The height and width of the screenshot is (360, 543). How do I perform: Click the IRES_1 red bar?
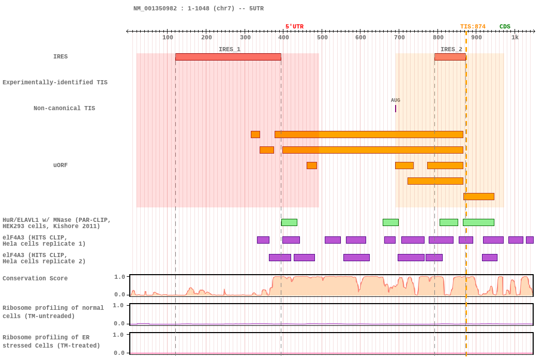click(228, 57)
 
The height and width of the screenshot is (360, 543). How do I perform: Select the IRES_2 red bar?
click(450, 57)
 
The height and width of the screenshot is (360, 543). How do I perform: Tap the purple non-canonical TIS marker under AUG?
click(396, 109)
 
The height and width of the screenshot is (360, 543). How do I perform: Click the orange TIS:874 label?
click(473, 27)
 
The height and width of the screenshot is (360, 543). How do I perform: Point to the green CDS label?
click(505, 27)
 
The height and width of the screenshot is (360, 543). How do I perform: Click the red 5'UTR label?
click(294, 27)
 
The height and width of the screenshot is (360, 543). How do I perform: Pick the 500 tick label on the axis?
click(322, 37)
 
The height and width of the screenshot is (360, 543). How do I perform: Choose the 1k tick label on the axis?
click(515, 37)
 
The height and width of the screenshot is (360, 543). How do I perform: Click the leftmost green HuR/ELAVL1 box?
click(289, 222)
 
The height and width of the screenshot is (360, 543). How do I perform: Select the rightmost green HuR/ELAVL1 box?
click(478, 222)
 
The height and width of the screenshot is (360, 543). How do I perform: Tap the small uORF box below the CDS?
click(479, 197)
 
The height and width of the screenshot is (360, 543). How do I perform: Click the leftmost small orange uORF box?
click(255, 134)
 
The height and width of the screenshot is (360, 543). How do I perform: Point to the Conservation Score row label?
click(35, 278)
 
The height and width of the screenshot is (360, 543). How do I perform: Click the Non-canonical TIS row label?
click(65, 108)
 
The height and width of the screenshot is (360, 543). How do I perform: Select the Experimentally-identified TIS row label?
click(55, 82)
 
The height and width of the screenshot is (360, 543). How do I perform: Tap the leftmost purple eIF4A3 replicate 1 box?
click(263, 240)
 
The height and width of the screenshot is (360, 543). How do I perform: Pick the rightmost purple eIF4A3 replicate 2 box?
click(490, 258)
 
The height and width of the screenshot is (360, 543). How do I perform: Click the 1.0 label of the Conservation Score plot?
click(120, 277)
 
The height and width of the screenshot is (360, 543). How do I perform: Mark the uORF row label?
click(61, 166)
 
